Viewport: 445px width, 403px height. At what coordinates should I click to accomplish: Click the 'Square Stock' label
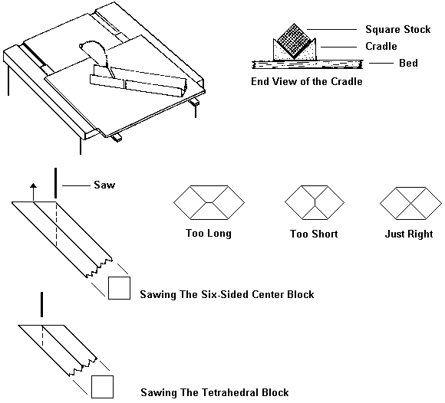pos(397,30)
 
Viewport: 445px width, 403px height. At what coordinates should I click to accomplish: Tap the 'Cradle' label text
pos(381,47)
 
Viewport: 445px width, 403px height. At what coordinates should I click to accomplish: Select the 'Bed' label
pos(408,64)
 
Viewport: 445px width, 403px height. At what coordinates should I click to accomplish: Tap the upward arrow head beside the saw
pos(33,186)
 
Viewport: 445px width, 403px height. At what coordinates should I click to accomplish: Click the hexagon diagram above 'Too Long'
pos(209,204)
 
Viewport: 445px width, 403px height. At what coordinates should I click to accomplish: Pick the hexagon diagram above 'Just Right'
pos(408,204)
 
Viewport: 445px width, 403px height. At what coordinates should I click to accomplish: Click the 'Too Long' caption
pos(209,234)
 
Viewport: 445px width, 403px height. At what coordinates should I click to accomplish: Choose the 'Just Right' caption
pos(408,234)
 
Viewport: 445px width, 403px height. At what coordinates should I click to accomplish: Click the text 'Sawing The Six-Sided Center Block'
pos(227,294)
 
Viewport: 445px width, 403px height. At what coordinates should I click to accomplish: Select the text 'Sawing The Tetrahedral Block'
pos(214,392)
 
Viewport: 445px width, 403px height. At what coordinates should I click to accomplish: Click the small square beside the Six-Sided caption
pos(119,288)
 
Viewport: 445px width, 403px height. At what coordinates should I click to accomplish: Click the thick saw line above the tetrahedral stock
pos(41,303)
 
